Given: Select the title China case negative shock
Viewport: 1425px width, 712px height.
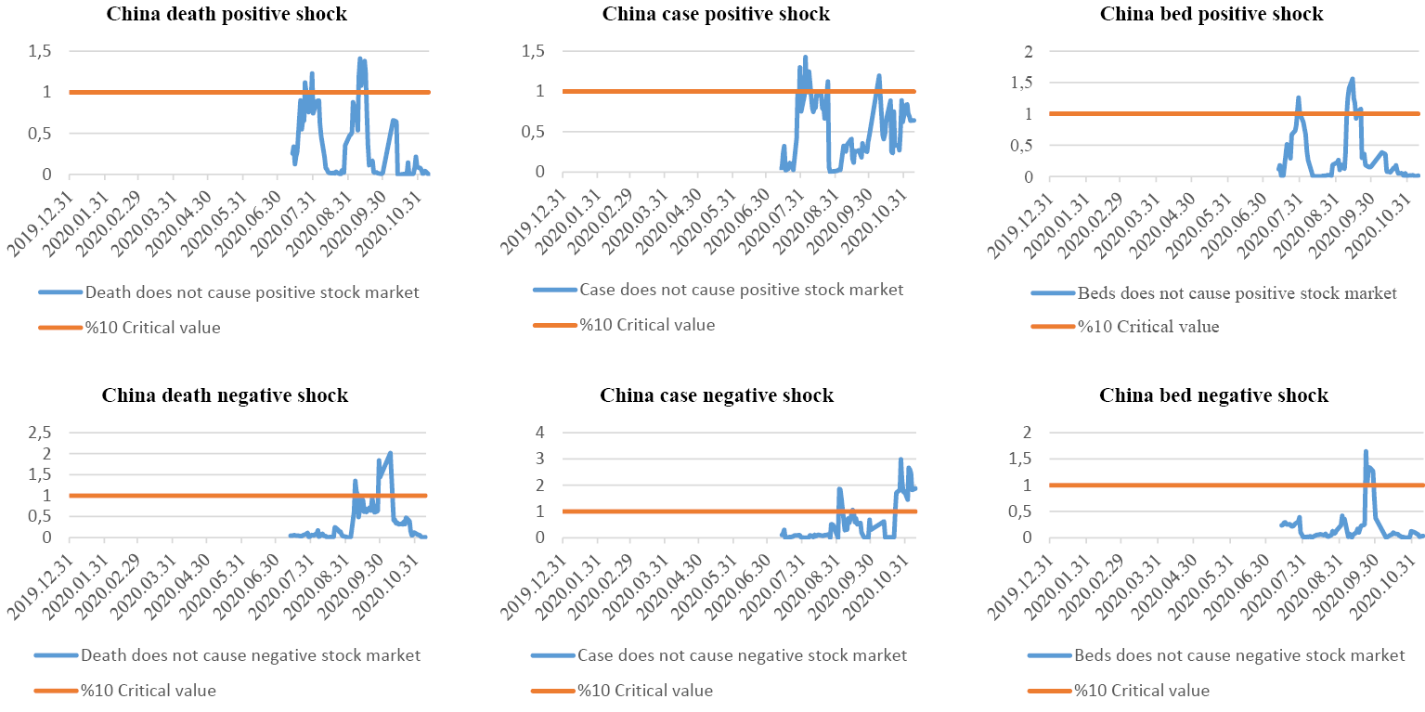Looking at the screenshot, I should [717, 396].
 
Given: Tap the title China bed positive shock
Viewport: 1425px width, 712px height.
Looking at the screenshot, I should [1212, 14].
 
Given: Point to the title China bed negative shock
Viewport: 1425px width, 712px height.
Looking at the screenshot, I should [1214, 396].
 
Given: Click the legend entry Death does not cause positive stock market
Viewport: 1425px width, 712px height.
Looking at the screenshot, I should [252, 292].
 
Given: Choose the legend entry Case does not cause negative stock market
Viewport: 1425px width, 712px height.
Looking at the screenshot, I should [742, 655].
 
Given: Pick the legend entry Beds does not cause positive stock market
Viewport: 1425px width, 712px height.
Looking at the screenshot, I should [1237, 293].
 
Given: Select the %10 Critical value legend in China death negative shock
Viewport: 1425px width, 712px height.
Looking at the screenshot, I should [148, 691].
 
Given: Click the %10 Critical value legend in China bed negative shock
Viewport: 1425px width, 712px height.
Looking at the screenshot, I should [1142, 691].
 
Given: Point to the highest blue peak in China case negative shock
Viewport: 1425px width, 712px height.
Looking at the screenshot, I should [900, 460].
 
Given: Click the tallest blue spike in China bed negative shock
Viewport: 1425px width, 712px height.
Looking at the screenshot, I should [1366, 452].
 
